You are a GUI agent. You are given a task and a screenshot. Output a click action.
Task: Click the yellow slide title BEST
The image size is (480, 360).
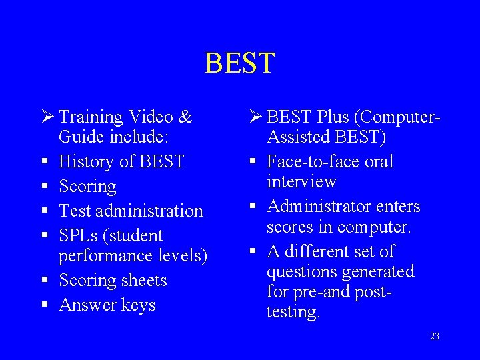[x=239, y=63]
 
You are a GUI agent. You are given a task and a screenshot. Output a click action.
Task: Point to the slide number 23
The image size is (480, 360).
[x=434, y=337]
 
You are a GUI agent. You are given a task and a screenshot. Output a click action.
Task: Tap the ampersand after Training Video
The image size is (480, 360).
[x=185, y=117]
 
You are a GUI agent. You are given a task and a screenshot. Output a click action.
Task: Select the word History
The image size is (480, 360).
[x=86, y=162]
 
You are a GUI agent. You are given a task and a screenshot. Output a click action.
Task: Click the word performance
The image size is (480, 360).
[x=107, y=256]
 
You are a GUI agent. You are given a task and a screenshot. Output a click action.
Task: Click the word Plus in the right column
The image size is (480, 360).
[x=333, y=117]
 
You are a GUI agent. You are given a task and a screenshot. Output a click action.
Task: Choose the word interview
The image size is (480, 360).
[x=301, y=181]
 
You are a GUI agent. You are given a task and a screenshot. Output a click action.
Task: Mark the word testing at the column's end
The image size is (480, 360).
[x=293, y=311]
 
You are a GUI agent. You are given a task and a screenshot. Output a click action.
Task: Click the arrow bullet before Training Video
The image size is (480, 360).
[x=46, y=117]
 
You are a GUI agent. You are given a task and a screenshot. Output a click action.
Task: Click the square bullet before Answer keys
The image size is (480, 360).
[x=44, y=305]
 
